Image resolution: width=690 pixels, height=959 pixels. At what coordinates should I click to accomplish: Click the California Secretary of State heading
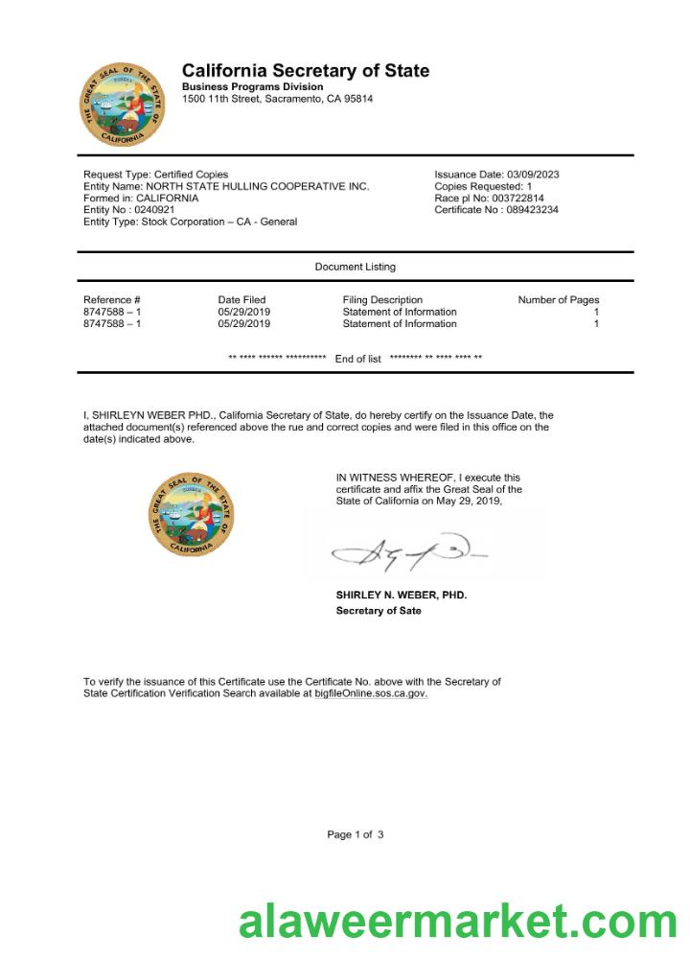(306, 71)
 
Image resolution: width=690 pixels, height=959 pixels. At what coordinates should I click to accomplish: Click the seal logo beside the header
(122, 105)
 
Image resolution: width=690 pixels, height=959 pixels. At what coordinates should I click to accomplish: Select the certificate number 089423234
(533, 210)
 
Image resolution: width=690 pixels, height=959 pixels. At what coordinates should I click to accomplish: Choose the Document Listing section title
(355, 267)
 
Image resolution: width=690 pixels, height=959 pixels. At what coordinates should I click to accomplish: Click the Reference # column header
(112, 300)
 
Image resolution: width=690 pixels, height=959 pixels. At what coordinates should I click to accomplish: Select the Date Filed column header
(241, 300)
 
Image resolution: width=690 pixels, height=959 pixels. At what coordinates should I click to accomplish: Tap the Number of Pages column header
(559, 300)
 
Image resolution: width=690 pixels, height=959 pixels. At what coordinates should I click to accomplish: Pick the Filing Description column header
(382, 300)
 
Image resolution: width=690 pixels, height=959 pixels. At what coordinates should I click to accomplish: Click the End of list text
(357, 359)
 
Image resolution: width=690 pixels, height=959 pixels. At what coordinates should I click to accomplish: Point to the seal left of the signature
(191, 513)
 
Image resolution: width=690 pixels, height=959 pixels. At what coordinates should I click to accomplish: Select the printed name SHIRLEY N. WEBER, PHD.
(402, 596)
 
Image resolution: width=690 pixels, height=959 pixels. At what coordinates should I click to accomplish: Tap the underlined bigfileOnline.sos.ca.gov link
(371, 693)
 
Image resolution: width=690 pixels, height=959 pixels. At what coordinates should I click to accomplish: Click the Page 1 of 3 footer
(356, 835)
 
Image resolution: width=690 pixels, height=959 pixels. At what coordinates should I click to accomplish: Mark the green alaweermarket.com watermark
(458, 922)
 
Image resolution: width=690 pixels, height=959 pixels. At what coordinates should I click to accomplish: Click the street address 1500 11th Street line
(277, 99)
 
